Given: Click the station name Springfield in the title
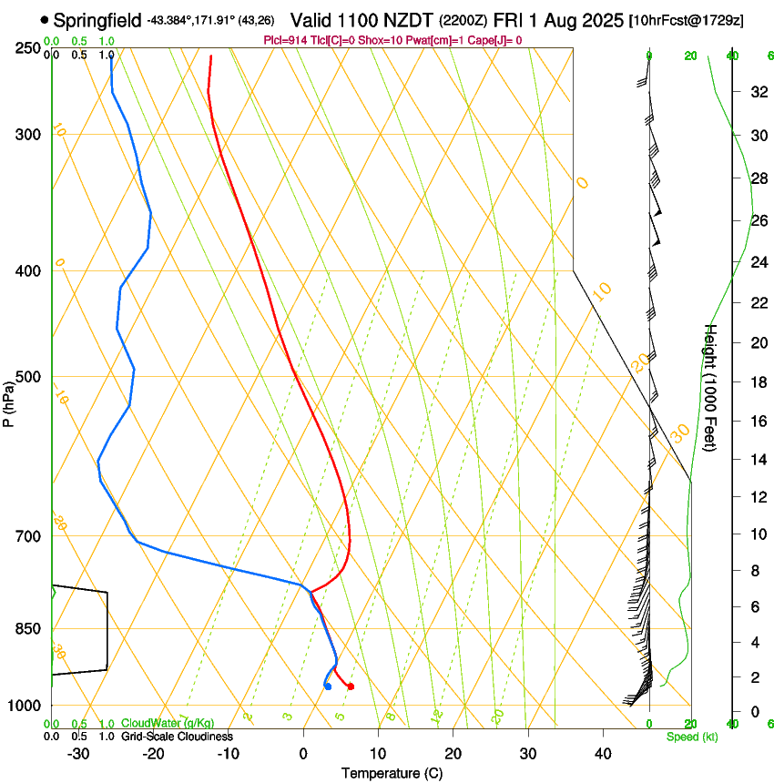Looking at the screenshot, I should point(97,19).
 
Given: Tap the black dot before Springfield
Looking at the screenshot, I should point(45,19).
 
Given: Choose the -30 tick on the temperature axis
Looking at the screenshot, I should point(78,754).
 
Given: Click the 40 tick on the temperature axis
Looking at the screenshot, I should point(602,754).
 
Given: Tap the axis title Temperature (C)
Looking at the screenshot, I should point(392,773).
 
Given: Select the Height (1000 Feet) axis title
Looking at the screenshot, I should point(711,387).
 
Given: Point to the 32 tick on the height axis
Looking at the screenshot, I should point(757,92).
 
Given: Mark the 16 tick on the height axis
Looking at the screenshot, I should point(757,422).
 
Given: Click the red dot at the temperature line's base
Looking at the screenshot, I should point(351,686).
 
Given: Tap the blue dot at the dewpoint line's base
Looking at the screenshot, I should point(328,686).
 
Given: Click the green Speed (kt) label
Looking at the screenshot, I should point(691,737).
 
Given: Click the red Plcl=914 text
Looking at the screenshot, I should point(288,40).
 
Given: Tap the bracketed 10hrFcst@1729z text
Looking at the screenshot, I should point(686,20).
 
